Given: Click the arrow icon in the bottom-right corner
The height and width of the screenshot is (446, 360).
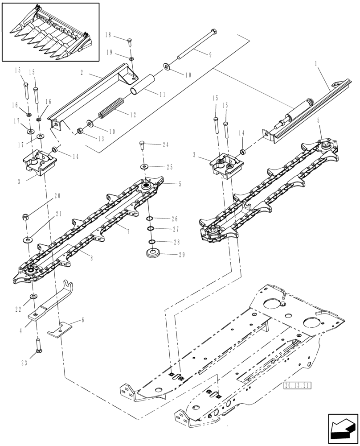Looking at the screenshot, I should click(x=343, y=429).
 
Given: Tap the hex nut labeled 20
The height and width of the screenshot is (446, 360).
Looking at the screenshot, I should click(x=26, y=217).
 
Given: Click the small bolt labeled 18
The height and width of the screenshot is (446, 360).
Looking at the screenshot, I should click(x=129, y=42).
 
